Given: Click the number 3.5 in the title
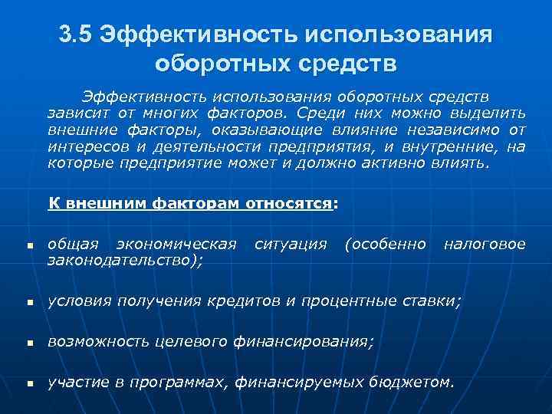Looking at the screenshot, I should click(x=76, y=34).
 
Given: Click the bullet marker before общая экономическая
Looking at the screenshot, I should click(x=26, y=248).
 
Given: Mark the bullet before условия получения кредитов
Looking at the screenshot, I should click(x=26, y=303).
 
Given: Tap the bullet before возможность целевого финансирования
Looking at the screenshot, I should click(x=26, y=343).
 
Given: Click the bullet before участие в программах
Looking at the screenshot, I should click(x=26, y=383).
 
